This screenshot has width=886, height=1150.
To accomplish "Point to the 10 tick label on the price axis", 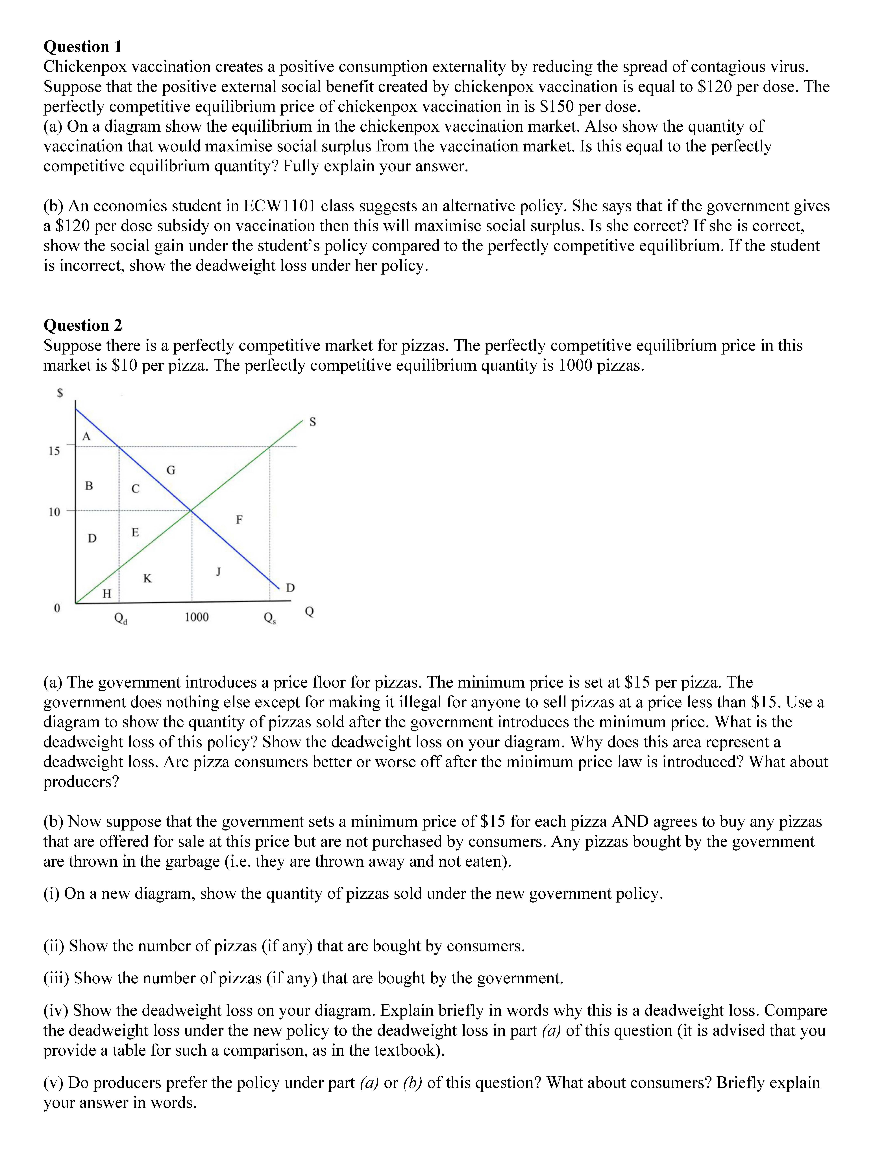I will click(x=54, y=512).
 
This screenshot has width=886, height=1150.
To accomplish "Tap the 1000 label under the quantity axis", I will click(x=196, y=617).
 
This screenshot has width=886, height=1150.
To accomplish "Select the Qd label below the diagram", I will click(x=121, y=618).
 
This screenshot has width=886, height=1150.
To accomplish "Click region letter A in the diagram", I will click(x=87, y=436).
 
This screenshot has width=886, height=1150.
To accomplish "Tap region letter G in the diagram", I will click(x=171, y=470).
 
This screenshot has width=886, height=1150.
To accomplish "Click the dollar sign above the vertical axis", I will click(x=60, y=393).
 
